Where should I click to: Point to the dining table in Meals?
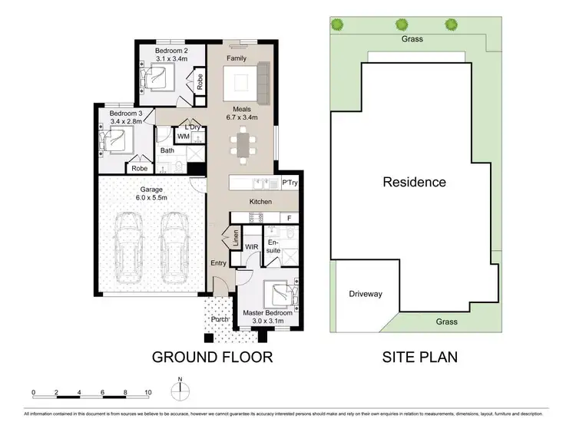click(243, 145)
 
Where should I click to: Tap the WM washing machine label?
click(184, 137)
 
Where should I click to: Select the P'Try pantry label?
click(289, 183)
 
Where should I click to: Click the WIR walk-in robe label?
click(251, 247)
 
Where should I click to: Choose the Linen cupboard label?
click(235, 240)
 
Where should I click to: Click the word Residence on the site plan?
click(414, 183)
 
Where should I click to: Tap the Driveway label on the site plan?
click(365, 294)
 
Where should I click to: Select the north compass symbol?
click(179, 390)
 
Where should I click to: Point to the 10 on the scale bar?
click(147, 392)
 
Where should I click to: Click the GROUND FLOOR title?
click(212, 357)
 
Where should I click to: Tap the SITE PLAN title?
click(420, 357)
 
